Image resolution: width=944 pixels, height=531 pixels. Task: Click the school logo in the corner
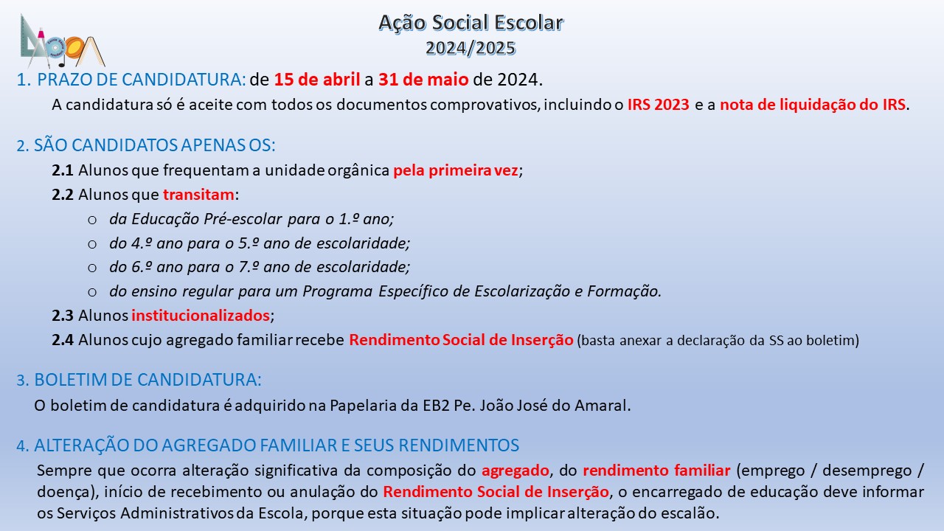point(63,41)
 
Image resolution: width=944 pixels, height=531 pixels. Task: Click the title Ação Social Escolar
point(471,23)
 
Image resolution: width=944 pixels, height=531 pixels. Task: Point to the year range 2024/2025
point(471,48)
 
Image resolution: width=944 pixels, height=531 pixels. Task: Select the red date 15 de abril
point(317,79)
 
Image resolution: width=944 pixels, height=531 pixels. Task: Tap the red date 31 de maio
point(423,79)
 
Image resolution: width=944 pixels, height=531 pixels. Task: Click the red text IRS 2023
point(659,105)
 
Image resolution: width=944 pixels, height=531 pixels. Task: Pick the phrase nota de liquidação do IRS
point(813,105)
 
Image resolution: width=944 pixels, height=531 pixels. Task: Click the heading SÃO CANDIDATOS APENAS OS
point(146,145)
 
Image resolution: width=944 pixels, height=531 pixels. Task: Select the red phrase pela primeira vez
point(456,170)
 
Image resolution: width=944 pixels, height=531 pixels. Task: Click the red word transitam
point(198,195)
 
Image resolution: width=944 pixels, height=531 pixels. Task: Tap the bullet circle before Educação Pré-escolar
point(92,220)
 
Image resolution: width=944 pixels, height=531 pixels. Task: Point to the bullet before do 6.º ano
point(92,268)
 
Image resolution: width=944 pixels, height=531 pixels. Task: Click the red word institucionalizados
point(201,315)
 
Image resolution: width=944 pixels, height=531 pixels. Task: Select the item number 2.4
point(63,340)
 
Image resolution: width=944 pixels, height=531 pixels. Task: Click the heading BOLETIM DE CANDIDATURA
point(139,380)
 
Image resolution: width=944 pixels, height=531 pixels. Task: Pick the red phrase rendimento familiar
point(656,471)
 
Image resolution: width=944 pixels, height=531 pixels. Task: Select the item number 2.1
point(63,170)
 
